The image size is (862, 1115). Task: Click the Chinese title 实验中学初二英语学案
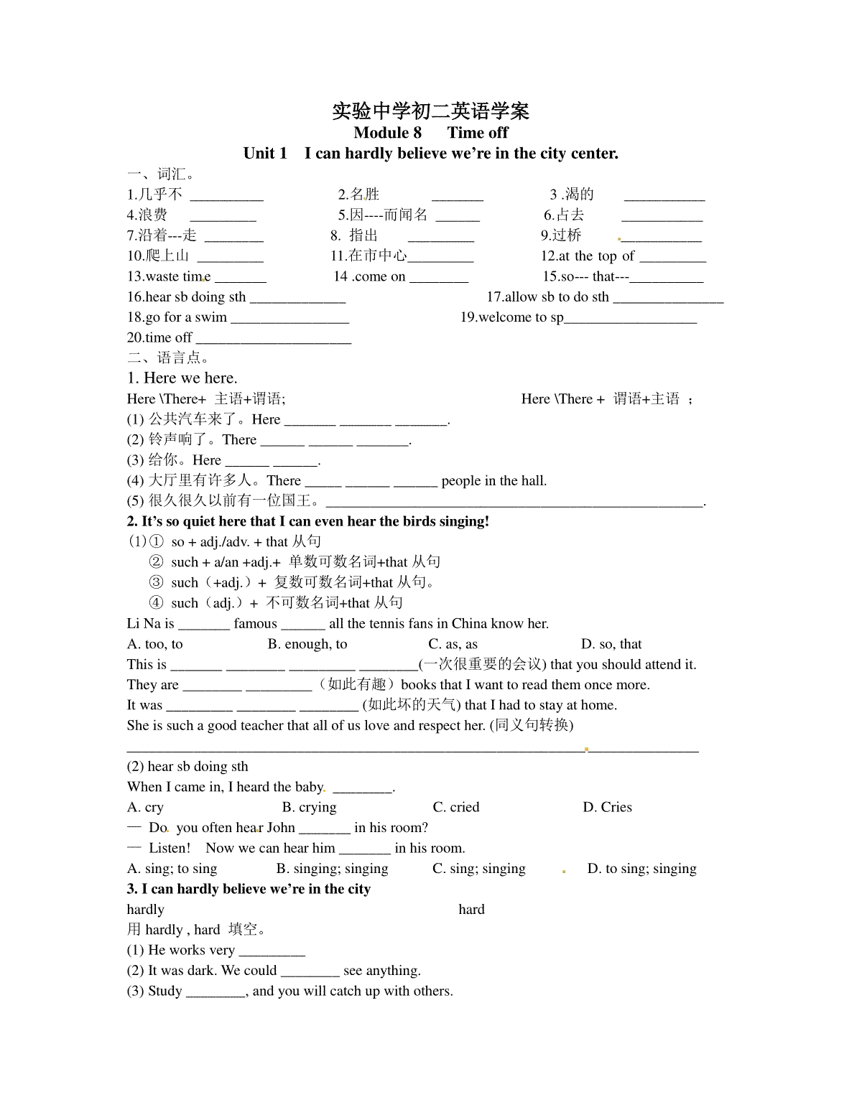tap(430, 111)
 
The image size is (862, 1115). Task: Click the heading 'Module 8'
tap(387, 133)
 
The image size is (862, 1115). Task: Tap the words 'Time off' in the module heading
tap(478, 133)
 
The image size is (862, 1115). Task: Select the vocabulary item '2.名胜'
tap(358, 195)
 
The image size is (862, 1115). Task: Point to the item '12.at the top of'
tap(588, 256)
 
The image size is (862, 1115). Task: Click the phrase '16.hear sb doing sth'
tap(187, 297)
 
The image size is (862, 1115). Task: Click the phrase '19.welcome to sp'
tap(511, 317)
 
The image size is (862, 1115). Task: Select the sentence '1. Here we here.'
tap(182, 378)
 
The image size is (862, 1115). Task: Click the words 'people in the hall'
tap(493, 481)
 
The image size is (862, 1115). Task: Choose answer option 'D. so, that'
tap(611, 644)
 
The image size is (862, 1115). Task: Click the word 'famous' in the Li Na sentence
tap(255, 624)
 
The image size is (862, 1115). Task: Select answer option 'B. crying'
tap(309, 807)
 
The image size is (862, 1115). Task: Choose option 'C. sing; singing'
tap(479, 869)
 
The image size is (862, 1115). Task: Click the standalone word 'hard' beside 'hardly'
tap(471, 910)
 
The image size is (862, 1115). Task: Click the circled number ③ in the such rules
tap(156, 583)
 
